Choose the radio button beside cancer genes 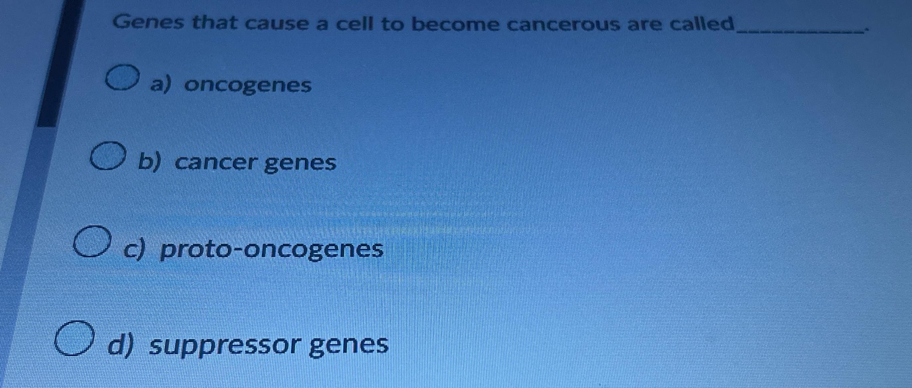(x=108, y=156)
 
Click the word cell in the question (x=355, y=24)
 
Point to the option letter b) (x=149, y=163)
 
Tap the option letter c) (x=134, y=250)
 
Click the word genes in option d (x=349, y=346)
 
